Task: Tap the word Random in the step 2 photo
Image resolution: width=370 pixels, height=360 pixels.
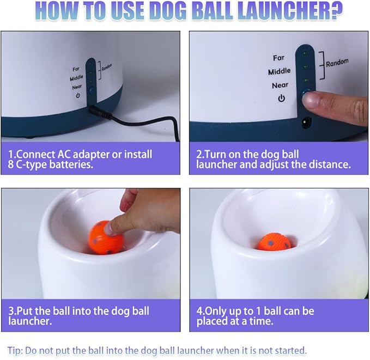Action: click(x=337, y=63)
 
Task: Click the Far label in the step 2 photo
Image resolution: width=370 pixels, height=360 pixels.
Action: click(x=278, y=58)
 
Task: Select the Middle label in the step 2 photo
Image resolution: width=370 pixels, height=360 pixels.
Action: click(x=280, y=71)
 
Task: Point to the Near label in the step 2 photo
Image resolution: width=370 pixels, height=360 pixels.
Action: click(x=280, y=85)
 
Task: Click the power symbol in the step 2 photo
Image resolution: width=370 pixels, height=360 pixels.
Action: click(x=281, y=98)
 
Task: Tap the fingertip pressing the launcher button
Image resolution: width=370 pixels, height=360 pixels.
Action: click(x=310, y=100)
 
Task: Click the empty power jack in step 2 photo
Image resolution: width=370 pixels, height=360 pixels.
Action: click(x=306, y=123)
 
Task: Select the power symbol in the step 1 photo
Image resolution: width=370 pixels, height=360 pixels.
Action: click(x=78, y=95)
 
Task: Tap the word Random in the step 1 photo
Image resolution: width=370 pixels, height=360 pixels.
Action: click(x=107, y=67)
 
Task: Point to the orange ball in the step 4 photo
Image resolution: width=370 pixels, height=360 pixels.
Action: click(x=274, y=242)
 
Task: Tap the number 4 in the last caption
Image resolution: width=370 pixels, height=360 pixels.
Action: click(x=199, y=311)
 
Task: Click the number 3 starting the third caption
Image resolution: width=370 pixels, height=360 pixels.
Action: click(x=11, y=311)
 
